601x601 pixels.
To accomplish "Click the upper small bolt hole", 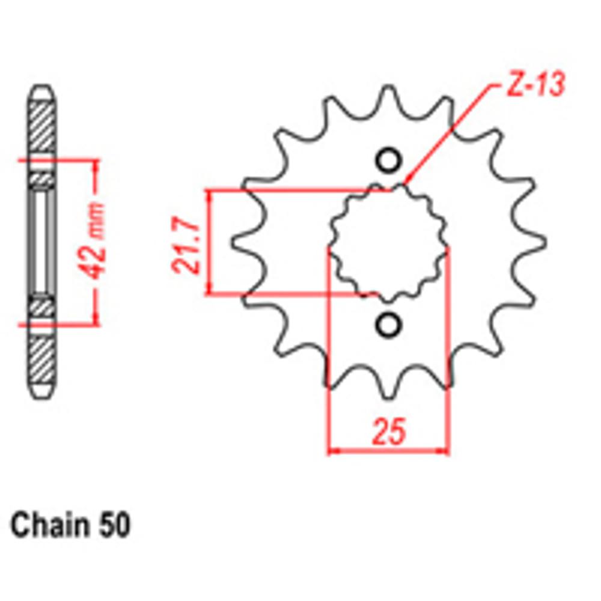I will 388,161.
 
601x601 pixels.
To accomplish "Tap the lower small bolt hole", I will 388,325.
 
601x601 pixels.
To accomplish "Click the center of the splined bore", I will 388,243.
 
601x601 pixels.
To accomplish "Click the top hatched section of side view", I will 43,130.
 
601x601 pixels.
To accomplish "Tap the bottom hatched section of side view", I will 43,361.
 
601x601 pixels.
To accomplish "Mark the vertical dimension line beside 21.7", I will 209,243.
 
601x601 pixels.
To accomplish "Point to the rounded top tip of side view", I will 43,90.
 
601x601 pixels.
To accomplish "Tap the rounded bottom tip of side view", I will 43,394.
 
